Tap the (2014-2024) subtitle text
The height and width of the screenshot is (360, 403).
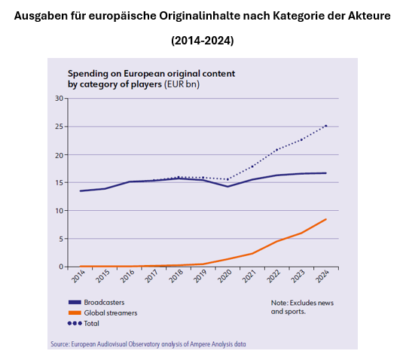coord(203,41)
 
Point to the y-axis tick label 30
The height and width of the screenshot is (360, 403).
coord(59,99)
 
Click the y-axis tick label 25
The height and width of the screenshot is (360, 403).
coord(59,127)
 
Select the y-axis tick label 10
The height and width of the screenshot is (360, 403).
coord(59,211)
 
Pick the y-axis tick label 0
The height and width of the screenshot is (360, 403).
coord(61,267)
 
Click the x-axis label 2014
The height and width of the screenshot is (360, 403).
coord(78,276)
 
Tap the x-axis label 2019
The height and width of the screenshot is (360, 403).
coord(200,276)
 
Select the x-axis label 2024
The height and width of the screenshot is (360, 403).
coord(323,276)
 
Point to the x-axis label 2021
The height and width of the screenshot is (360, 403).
coord(249,276)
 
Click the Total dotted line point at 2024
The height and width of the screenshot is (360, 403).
coord(326,126)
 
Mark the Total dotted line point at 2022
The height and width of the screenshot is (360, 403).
coord(276,150)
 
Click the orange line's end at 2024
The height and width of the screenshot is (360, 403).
coord(326,219)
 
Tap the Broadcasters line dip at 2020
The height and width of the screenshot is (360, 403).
coord(227,187)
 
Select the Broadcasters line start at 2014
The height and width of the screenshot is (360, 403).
coord(81,191)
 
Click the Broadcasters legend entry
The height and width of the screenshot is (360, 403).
coord(96,302)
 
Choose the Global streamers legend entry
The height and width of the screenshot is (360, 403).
coord(102,313)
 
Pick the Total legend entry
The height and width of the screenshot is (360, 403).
coord(84,323)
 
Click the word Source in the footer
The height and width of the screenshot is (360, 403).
coord(60,344)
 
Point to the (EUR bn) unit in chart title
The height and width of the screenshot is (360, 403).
coord(182,84)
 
